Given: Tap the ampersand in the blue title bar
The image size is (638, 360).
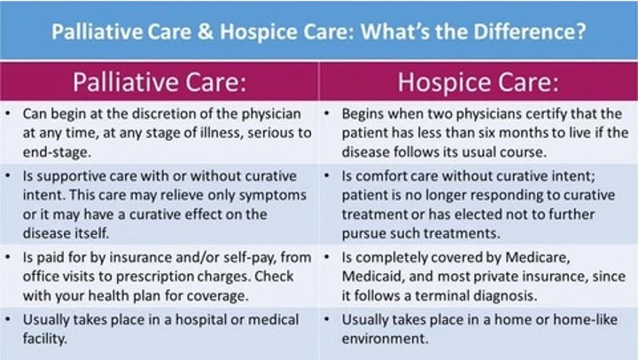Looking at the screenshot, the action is pyautogui.click(x=206, y=31).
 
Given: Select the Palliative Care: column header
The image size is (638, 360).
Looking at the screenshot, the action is pyautogui.click(x=159, y=82).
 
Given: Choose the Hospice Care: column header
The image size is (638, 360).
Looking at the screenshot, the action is pyautogui.click(x=478, y=82).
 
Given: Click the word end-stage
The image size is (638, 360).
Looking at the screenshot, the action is pyautogui.click(x=57, y=153).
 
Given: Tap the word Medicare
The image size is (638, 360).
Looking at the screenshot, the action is pyautogui.click(x=538, y=257).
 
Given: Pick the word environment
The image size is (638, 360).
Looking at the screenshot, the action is pyautogui.click(x=385, y=339).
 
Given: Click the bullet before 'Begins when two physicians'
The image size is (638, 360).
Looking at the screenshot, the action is pyautogui.click(x=327, y=113).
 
